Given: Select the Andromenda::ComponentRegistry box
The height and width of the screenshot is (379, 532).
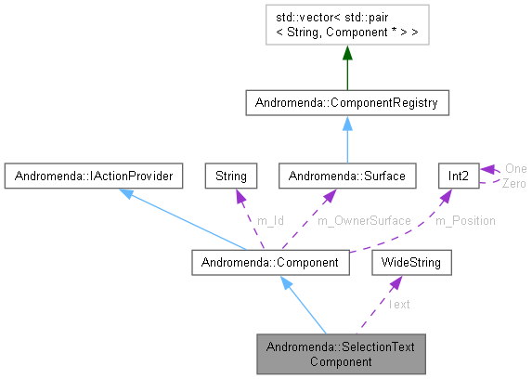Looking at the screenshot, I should coord(347,102).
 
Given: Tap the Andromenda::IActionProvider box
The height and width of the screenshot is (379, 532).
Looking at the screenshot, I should coord(90,174).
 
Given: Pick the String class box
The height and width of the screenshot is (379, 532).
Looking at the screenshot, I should coord(230,174).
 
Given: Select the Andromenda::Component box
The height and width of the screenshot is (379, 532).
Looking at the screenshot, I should coord(270,263).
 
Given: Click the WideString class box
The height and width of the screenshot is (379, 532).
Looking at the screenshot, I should coord(411,263).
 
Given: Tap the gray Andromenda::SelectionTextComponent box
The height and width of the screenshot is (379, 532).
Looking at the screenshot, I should coord(340,353).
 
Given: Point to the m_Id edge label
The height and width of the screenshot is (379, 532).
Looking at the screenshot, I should coord(269,220).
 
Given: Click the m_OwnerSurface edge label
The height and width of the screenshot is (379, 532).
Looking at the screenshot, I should coord(364,220).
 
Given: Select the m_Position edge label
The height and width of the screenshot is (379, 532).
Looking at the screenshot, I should coord(465,220).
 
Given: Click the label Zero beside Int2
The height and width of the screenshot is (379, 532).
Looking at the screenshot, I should coord(514,184).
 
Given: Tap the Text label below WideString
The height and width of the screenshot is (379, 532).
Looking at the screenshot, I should coord(399,304).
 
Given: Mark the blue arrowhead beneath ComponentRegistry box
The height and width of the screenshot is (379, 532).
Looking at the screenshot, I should coord(347,123).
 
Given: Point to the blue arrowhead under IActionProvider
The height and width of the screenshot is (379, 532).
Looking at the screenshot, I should coord(124,192).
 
